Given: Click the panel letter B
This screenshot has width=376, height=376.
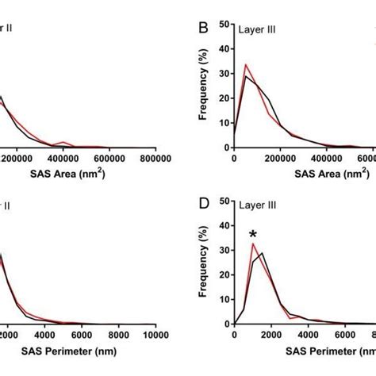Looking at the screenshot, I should coord(203,29).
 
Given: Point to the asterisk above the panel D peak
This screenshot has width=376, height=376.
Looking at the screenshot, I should coord(253,234).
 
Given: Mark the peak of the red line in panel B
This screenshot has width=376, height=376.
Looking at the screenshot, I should coord(246,65).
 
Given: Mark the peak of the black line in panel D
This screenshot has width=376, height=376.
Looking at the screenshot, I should coord(262,253).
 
